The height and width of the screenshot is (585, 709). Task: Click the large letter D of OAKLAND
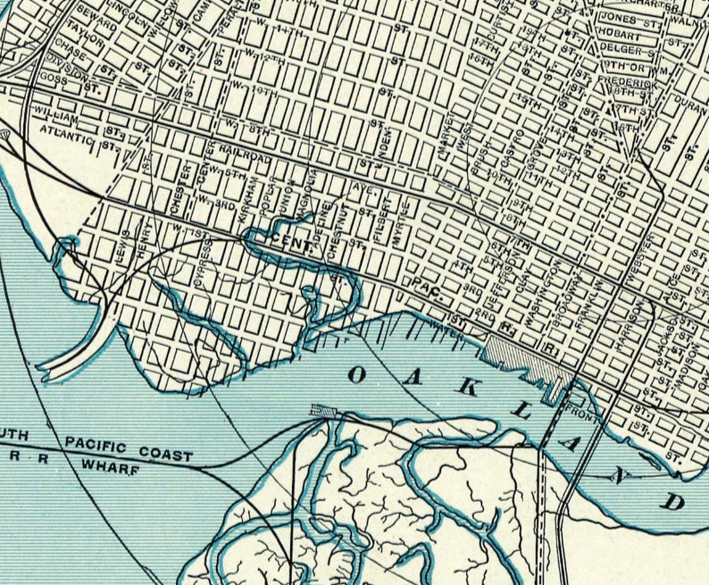point(673,498)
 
